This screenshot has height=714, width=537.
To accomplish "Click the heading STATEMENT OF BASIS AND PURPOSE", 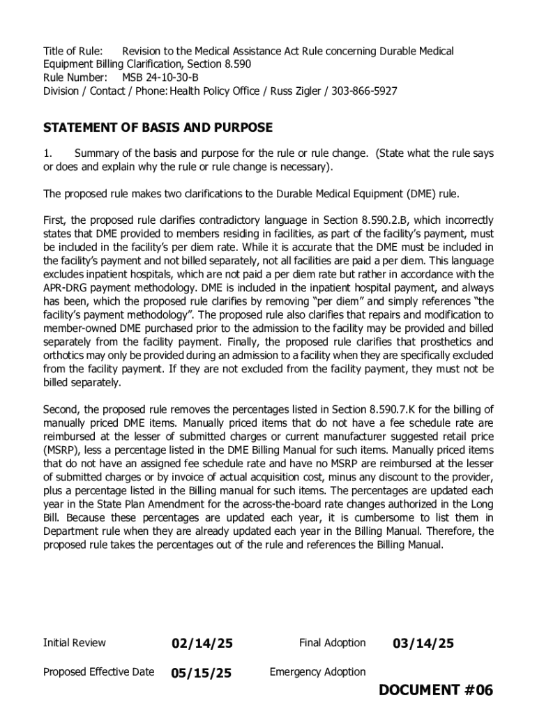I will click(158, 128).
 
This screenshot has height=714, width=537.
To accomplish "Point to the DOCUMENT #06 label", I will click(436, 690).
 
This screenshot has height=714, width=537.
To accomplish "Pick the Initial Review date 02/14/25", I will click(202, 644).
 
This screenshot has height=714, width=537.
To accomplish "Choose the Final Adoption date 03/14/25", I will click(423, 644).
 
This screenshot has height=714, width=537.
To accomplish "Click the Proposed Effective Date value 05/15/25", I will click(201, 673).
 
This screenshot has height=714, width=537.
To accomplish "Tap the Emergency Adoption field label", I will click(317, 672).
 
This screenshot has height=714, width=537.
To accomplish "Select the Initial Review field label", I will click(75, 643).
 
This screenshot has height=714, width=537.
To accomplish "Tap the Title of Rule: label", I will click(73, 51).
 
